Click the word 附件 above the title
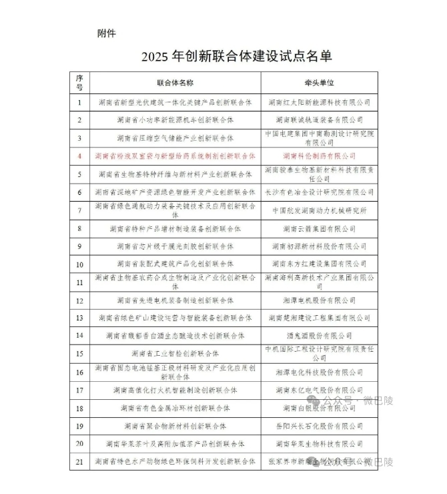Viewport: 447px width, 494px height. [x=107, y=33]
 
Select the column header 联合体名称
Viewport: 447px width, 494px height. [x=175, y=83]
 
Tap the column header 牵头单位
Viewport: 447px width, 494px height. [x=319, y=83]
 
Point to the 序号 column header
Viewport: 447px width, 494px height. [x=79, y=83]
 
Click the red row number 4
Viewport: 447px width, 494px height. [x=79, y=156]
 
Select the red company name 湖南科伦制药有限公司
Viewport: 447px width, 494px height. [x=319, y=156]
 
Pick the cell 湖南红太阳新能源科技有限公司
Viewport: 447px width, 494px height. [x=319, y=102]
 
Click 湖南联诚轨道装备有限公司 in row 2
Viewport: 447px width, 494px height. [x=319, y=120]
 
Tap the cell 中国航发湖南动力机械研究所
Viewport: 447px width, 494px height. [x=319, y=210]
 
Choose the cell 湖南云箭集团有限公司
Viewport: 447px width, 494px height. [x=319, y=228]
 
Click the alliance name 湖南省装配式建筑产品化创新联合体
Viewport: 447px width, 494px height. [x=175, y=264]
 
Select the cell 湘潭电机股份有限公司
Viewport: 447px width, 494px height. [x=319, y=300]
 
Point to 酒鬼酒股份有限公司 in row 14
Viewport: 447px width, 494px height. [x=319, y=336]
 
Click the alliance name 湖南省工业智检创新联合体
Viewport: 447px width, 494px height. [x=175, y=353]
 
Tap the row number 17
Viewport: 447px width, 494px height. [x=79, y=390]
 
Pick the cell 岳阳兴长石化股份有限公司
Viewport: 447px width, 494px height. [x=319, y=425]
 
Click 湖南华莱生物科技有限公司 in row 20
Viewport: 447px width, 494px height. [x=319, y=443]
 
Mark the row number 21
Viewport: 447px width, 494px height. [x=79, y=461]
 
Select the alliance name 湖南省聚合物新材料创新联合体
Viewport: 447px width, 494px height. [x=175, y=425]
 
